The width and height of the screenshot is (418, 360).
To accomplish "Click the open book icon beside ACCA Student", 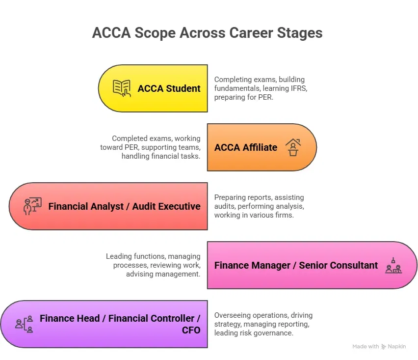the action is pos(122,88).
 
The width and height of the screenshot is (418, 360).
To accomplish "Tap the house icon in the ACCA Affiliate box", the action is pos(293,147).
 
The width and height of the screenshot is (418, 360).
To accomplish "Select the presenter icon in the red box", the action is pos(32,206).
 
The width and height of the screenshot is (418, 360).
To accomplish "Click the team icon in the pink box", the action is pos(393,265).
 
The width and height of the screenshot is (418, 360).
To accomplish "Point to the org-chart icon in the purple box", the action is pos(24,324).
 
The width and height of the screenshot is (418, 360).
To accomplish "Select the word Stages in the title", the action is pos(300,33).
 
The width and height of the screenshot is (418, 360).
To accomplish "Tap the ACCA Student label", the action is pos(169,88).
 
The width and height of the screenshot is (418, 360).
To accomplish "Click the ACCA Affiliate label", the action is pos(246,147).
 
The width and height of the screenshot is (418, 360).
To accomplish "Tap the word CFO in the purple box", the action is pos(191,330).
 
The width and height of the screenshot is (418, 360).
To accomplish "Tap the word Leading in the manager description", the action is pos(119,256).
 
